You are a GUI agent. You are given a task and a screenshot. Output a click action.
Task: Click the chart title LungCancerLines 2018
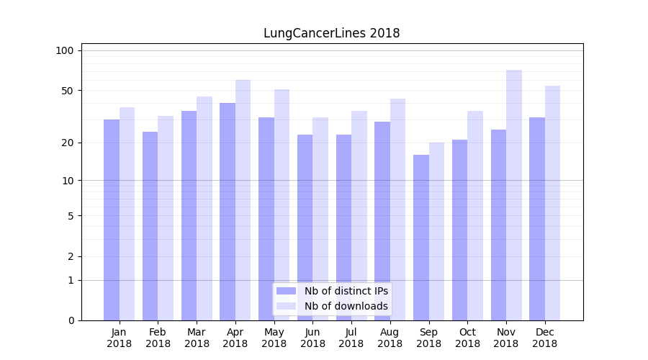[x=331, y=33]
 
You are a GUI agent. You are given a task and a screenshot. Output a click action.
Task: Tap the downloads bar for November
[x=514, y=194]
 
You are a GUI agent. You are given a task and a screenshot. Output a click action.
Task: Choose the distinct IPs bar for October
[x=460, y=230]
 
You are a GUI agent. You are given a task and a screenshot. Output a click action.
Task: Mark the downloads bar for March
[x=204, y=208]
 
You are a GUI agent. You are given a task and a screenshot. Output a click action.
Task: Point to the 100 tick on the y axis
[x=65, y=50]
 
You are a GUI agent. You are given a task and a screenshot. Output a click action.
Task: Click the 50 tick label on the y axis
[x=68, y=91]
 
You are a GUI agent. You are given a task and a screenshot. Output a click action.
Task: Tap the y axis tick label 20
[x=68, y=143]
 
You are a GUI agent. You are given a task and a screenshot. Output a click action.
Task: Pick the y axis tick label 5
[x=71, y=215]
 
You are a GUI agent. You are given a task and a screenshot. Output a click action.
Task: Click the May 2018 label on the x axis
[x=274, y=338]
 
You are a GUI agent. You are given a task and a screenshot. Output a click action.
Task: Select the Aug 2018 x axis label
[x=390, y=338]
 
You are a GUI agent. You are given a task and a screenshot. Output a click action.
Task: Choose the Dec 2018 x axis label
[x=545, y=338]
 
